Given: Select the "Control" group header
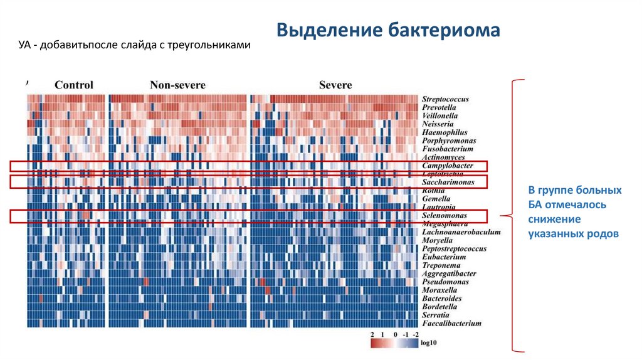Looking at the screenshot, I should tap(74, 85).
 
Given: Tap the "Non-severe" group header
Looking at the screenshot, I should tap(177, 85).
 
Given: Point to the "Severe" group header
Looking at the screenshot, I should tap(335, 85).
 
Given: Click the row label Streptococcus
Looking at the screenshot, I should tap(445, 99).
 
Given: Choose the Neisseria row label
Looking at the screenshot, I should tap(438, 124).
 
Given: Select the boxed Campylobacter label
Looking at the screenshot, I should tap(447, 166).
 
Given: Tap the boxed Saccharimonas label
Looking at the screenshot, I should tap(448, 182).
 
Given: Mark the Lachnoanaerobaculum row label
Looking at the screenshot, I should tap(461, 232).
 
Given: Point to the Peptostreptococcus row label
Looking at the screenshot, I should tap(454, 248).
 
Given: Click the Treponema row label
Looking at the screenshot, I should tap(441, 265).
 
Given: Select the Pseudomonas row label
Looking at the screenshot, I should tap(445, 282).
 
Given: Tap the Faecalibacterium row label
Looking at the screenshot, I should tap(451, 324).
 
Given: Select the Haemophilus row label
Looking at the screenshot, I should tap(445, 132).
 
